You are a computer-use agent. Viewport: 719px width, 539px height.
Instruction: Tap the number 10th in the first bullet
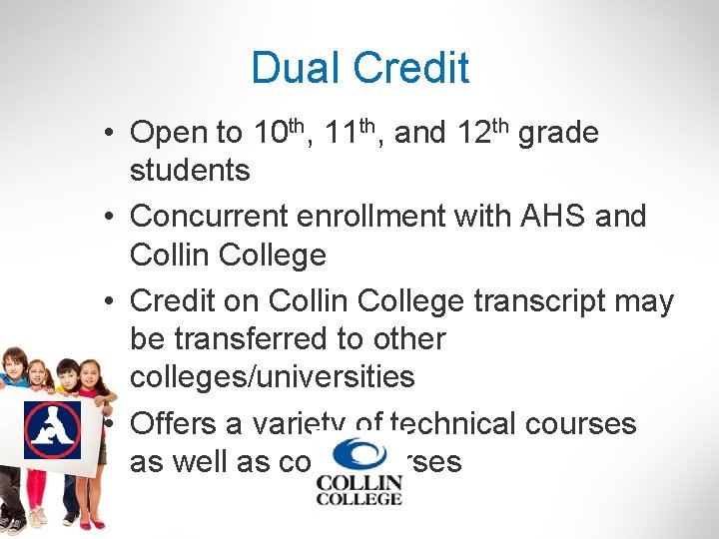click(278, 132)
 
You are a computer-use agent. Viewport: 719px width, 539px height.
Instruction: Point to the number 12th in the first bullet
click(482, 132)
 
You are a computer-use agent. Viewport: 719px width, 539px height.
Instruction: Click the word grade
click(558, 134)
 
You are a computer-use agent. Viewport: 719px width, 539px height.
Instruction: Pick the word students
click(190, 171)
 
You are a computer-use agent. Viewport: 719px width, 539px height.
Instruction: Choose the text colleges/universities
click(272, 377)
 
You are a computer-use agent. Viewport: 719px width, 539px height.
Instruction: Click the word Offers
click(173, 423)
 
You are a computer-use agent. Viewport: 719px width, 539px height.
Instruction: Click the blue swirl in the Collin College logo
click(358, 455)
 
